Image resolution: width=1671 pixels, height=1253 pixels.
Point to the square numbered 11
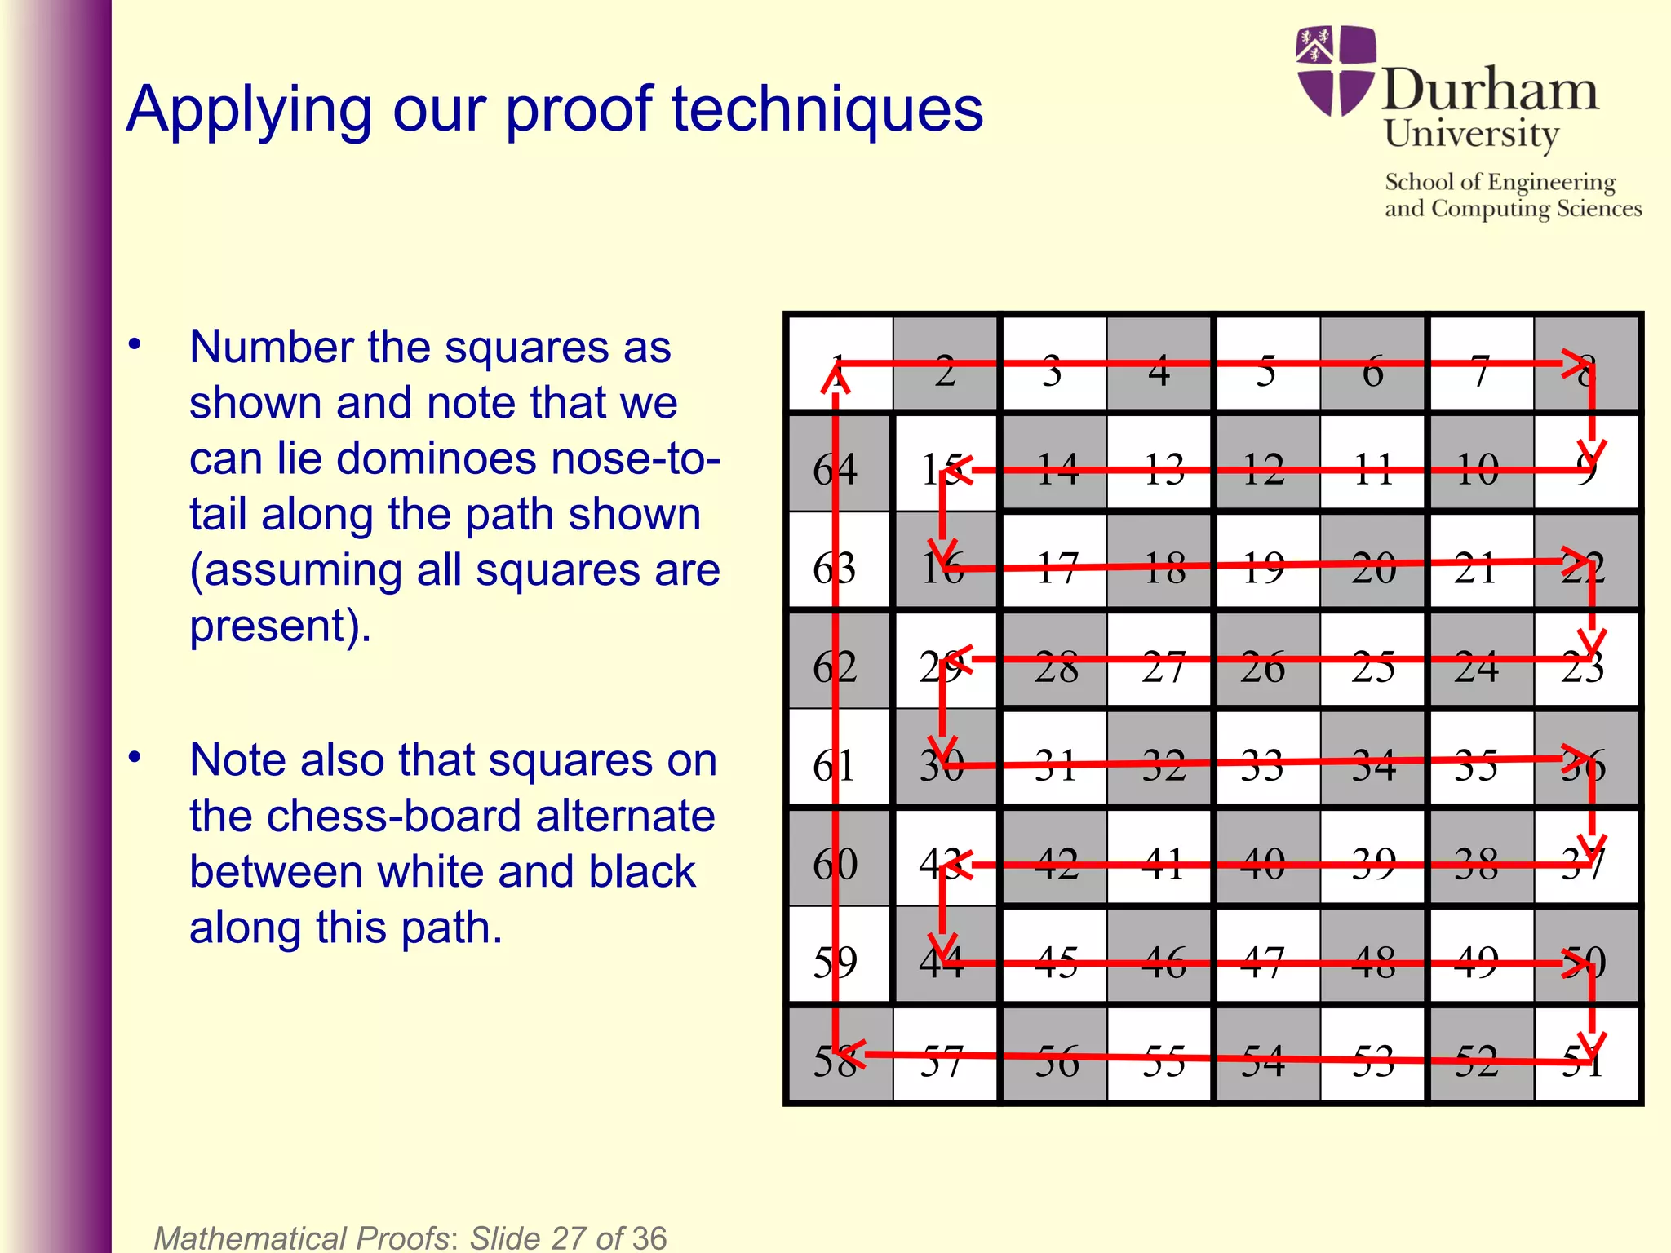point(1372,465)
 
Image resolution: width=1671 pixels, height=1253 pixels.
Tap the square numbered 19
point(1266,563)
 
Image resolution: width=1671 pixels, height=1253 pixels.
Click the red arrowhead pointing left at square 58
point(853,1054)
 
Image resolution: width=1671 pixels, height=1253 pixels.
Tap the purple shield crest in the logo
point(1335,70)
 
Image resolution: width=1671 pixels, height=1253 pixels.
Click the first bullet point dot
point(135,344)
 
